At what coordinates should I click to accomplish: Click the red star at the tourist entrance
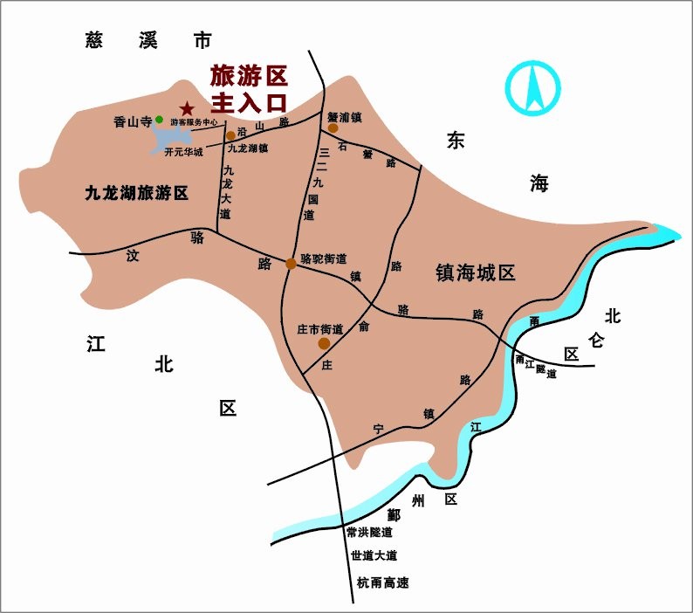point(185,108)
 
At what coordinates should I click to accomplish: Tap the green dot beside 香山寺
point(159,120)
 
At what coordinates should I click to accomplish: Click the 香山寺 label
point(134,122)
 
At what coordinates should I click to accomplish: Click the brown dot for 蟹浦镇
point(333,127)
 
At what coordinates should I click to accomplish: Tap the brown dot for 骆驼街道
point(291,263)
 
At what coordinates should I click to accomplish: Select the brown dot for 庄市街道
point(324,343)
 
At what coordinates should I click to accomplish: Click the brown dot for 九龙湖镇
point(230,135)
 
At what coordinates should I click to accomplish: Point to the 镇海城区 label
point(476,272)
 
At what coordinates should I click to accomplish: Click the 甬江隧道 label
point(536,366)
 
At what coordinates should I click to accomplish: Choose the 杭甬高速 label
point(382,582)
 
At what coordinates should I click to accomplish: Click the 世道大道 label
point(374,556)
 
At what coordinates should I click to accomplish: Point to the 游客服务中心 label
point(194,123)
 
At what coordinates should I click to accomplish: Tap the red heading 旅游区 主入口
point(249,87)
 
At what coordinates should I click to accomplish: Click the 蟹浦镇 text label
point(345,114)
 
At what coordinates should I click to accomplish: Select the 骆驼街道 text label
point(323,258)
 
